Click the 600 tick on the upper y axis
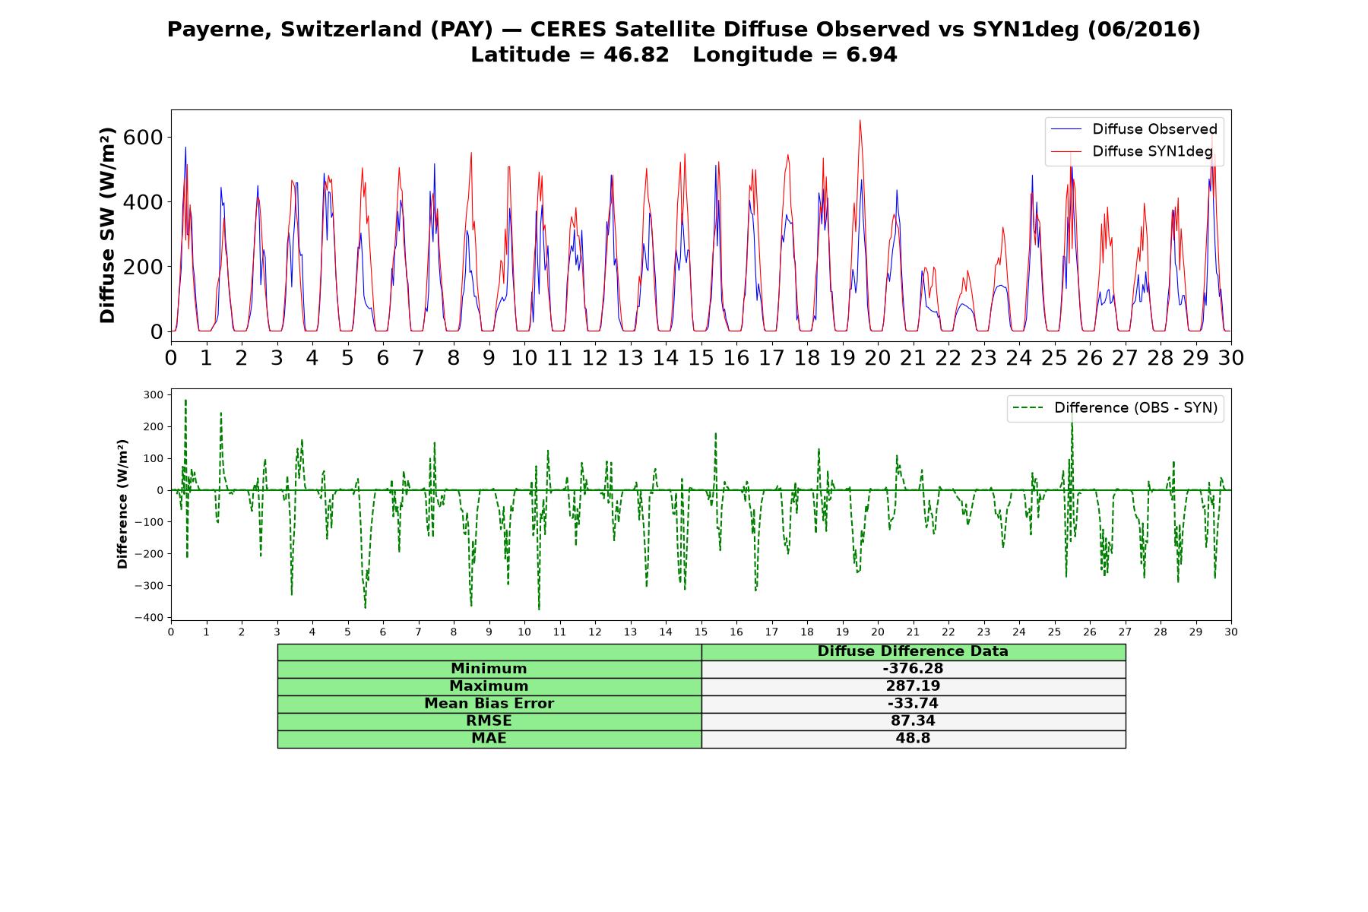(x=147, y=137)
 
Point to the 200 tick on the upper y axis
(x=147, y=267)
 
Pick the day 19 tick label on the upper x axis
(x=842, y=357)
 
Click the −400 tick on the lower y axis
(x=148, y=617)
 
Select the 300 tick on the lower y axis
(x=153, y=394)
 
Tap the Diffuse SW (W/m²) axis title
(x=107, y=226)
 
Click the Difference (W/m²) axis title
(x=122, y=505)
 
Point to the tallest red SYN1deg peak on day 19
(x=860, y=120)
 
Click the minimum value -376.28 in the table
(x=913, y=669)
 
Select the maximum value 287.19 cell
(x=913, y=686)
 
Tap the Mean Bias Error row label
(x=489, y=704)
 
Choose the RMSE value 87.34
(x=913, y=721)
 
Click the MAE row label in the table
(x=489, y=739)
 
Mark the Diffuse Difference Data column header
(x=913, y=651)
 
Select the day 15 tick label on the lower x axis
(x=701, y=632)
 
